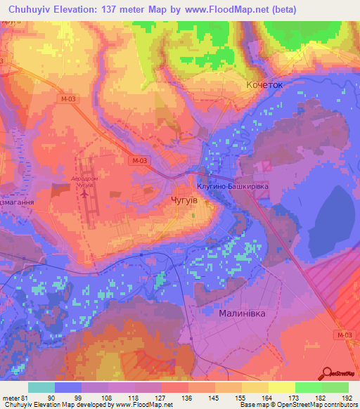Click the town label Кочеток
(x=264, y=84)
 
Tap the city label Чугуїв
(x=184, y=200)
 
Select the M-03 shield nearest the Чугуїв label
(x=140, y=161)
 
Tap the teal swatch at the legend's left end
(x=41, y=387)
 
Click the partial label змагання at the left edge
(x=15, y=200)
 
